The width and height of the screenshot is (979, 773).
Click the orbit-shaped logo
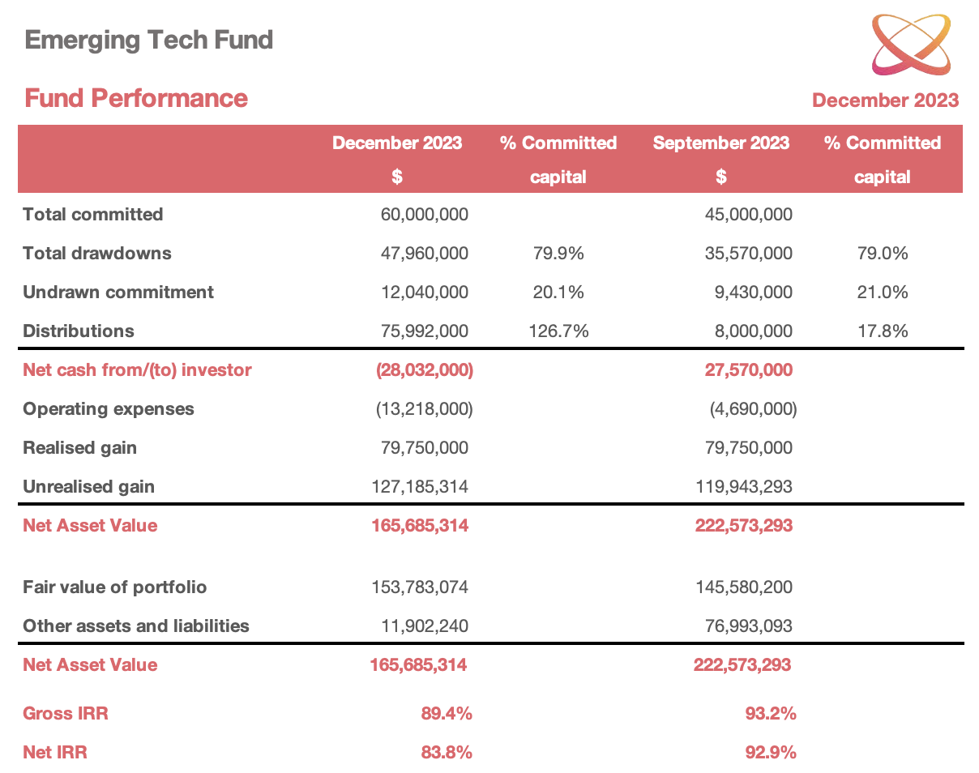(911, 44)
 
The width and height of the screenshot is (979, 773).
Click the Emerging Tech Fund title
(149, 40)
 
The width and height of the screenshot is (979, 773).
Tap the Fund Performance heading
(136, 98)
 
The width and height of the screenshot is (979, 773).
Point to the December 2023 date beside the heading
(885, 100)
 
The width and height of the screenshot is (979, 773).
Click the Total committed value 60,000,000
(425, 214)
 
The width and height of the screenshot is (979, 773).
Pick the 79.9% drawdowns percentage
(558, 253)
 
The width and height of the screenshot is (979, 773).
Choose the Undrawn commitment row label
(118, 292)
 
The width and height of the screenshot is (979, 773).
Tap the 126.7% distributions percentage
(558, 331)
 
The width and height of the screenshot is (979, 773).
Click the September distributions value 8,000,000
(754, 331)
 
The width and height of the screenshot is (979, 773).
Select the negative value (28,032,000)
(425, 370)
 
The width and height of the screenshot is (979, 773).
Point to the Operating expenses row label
(109, 409)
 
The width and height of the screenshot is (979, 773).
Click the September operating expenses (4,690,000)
(754, 409)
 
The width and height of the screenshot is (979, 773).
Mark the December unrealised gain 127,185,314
(420, 487)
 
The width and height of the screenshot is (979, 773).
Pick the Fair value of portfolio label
(114, 587)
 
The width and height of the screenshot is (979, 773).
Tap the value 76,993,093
(749, 626)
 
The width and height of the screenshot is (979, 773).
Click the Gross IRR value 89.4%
(447, 713)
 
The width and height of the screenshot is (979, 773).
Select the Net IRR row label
(54, 752)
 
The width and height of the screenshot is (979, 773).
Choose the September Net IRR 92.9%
(771, 752)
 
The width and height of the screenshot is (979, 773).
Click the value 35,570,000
(749, 253)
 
